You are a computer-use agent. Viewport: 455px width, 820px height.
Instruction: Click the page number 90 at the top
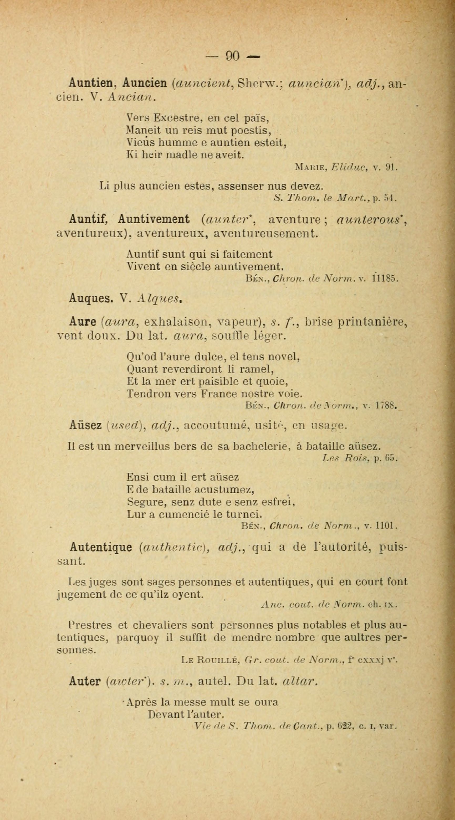pyautogui.click(x=232, y=56)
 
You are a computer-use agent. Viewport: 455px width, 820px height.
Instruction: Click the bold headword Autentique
pyautogui.click(x=101, y=547)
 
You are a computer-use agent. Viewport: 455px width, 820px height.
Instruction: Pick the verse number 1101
pyautogui.click(x=386, y=526)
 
